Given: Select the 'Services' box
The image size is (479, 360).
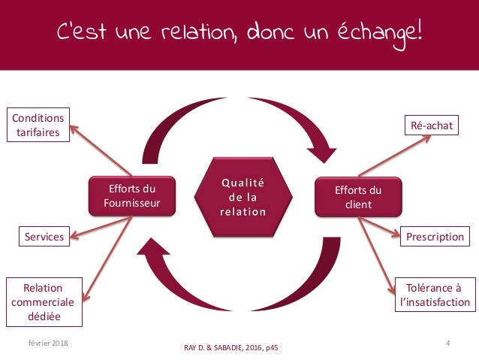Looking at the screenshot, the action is pos(42,237).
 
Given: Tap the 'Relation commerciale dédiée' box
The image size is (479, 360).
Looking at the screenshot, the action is pos(43,302).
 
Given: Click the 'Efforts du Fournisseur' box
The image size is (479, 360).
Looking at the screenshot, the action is pos(132,197).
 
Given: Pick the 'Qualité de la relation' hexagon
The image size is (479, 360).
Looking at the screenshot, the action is pos(242,197).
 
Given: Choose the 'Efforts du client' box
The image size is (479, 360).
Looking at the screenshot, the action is pos(358,197).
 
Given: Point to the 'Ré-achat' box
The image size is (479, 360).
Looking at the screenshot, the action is pos(432,126).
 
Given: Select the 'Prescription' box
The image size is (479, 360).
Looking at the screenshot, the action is pos(435,237).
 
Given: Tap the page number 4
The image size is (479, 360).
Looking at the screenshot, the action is pos(447,343).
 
